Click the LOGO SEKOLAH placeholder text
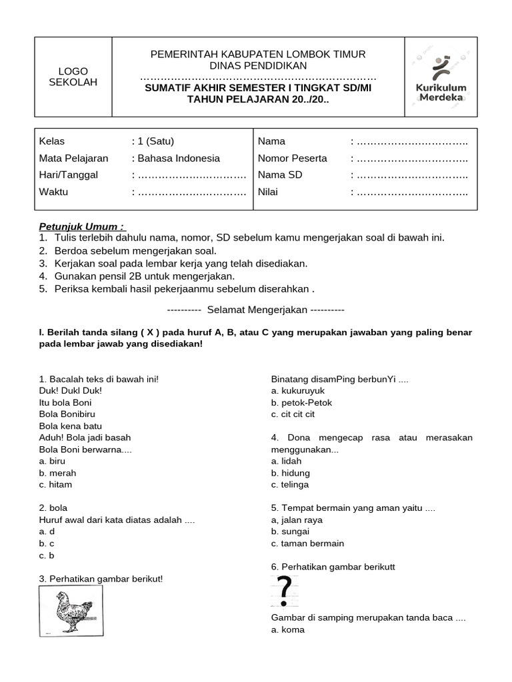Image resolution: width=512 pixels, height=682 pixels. (x=73, y=77)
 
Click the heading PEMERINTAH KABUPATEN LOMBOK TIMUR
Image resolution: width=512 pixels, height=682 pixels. (x=258, y=54)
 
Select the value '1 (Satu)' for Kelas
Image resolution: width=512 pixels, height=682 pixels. (x=156, y=141)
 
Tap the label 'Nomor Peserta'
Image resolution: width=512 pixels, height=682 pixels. (x=292, y=159)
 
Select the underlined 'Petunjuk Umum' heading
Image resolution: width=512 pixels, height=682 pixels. (x=81, y=226)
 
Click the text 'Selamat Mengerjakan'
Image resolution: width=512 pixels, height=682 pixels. (x=257, y=310)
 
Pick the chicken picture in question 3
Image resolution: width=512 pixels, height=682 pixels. (x=71, y=610)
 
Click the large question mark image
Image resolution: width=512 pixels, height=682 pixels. (x=284, y=590)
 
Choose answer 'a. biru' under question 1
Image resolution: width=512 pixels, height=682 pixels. (x=53, y=461)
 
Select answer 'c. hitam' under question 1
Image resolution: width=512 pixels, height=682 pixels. (x=56, y=484)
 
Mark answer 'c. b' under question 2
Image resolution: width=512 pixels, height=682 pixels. (x=47, y=555)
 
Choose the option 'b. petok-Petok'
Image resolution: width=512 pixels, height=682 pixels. (x=301, y=402)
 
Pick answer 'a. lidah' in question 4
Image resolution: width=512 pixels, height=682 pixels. (x=287, y=461)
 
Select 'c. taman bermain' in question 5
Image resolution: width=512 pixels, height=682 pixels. (x=307, y=543)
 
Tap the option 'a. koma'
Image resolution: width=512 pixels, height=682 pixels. (x=287, y=629)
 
